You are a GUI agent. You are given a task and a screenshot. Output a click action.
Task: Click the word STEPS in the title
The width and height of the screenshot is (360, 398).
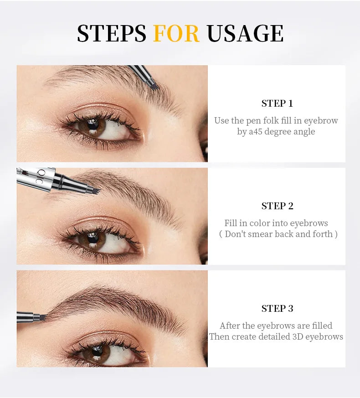pyautogui.click(x=111, y=33)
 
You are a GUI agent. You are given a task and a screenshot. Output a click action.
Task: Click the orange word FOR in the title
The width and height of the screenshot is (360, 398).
pyautogui.click(x=176, y=33)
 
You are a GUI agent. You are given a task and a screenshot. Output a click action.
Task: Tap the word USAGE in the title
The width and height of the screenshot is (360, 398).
pyautogui.click(x=245, y=33)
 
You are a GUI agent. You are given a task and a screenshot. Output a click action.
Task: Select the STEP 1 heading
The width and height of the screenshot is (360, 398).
pyautogui.click(x=277, y=103)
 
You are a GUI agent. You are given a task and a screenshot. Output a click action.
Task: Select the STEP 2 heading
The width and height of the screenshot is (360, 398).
pyautogui.click(x=277, y=206)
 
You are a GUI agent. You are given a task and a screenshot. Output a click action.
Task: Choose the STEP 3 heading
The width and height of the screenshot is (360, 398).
pyautogui.click(x=277, y=309)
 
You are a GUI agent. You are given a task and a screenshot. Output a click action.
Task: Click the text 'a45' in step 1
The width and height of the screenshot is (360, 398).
pyautogui.click(x=257, y=132)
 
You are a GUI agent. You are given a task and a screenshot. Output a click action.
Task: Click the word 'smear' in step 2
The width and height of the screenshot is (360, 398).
pyautogui.click(x=276, y=234)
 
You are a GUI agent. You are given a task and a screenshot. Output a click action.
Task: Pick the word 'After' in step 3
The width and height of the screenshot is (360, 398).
pyautogui.click(x=230, y=326)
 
